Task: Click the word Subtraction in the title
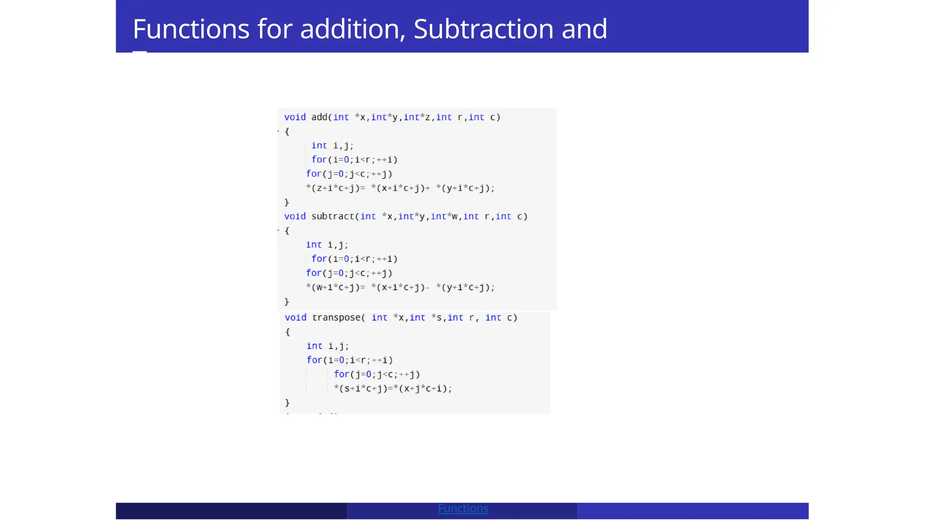tap(483, 29)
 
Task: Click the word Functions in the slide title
tap(191, 29)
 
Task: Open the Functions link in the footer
tap(463, 509)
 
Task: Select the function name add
tap(319, 117)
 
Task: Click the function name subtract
tap(333, 217)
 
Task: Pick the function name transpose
tap(336, 318)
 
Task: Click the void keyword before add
tap(295, 117)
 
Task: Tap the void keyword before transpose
tap(295, 318)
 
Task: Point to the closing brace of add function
tap(287, 202)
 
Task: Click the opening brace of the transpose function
tap(288, 332)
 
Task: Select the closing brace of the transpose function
tap(288, 403)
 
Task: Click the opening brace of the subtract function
tap(287, 231)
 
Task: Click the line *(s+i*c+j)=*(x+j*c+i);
tap(392, 389)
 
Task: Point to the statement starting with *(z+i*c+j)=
tap(400, 188)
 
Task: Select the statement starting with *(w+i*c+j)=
tap(400, 288)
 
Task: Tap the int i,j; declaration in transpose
tap(327, 346)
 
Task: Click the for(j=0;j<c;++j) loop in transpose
tap(377, 375)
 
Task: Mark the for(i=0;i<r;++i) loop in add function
tap(354, 160)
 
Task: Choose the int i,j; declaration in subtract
tap(327, 245)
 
